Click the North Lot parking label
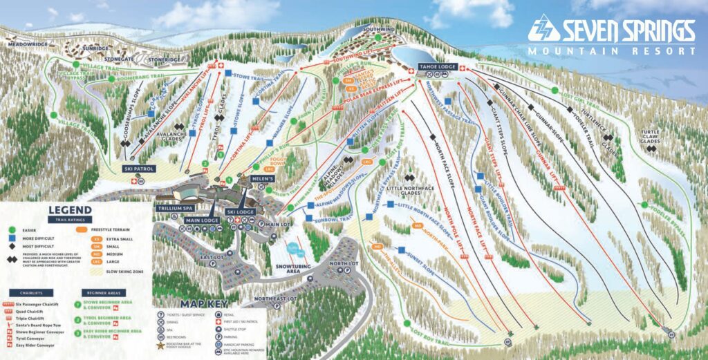[x=344, y=264]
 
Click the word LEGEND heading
[x=69, y=210]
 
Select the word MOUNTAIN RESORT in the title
[x=611, y=50]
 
